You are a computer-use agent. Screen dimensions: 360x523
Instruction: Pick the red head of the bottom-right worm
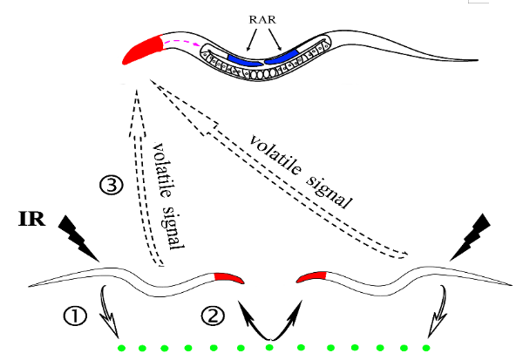[x=311, y=277]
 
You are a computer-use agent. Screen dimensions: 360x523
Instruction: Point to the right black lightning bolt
[x=467, y=235]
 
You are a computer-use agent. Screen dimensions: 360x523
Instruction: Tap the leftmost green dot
[x=121, y=350]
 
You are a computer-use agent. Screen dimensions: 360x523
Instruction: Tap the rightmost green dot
[x=426, y=348]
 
